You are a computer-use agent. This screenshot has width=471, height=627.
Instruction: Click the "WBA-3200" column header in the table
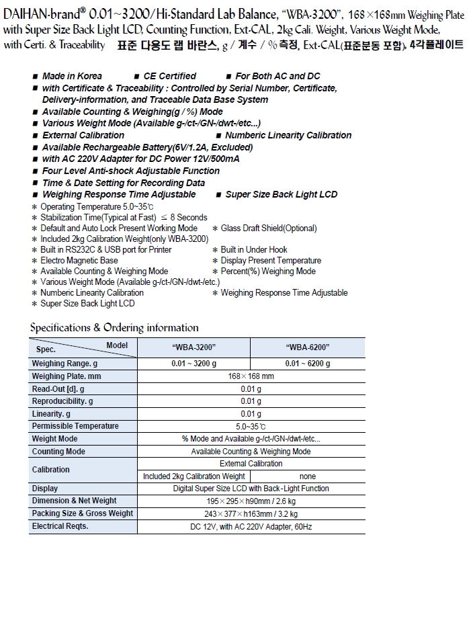pos(194,347)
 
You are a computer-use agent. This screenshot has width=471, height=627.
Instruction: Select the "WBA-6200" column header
pos(308,347)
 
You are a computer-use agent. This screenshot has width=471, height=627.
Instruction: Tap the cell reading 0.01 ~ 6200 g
pos(308,364)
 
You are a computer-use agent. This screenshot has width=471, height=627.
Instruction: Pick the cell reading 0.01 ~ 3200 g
pos(194,364)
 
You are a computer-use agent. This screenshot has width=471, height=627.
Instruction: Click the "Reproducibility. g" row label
pos(62,401)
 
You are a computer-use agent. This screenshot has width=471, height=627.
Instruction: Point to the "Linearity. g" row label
pos(51,414)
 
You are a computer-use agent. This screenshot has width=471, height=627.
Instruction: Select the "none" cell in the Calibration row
pos(308,476)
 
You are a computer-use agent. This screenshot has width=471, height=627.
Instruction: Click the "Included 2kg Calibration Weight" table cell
pos(194,476)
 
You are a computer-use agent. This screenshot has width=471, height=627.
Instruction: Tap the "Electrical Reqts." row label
pos(60,526)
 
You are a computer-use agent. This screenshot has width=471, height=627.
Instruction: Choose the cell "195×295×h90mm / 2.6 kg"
pos(251,501)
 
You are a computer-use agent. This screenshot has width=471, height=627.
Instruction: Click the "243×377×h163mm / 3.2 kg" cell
pos(251,514)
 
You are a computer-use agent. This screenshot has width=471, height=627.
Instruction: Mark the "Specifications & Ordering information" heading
pos(114,328)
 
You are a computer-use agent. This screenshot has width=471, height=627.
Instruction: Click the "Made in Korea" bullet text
pos(72,76)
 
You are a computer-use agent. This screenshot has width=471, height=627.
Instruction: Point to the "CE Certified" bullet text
pos(169,76)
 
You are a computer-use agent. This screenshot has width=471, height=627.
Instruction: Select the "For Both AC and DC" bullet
pos(277,76)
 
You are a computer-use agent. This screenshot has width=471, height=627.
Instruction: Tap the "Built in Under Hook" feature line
pos(253,249)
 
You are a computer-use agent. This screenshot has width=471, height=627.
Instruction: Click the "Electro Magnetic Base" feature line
pos(79,260)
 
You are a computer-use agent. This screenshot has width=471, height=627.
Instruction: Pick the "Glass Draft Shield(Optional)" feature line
pos(268,228)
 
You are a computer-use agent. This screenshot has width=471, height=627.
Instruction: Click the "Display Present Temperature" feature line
pos(271,260)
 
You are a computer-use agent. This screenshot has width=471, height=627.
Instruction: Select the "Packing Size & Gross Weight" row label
pos(83,513)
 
